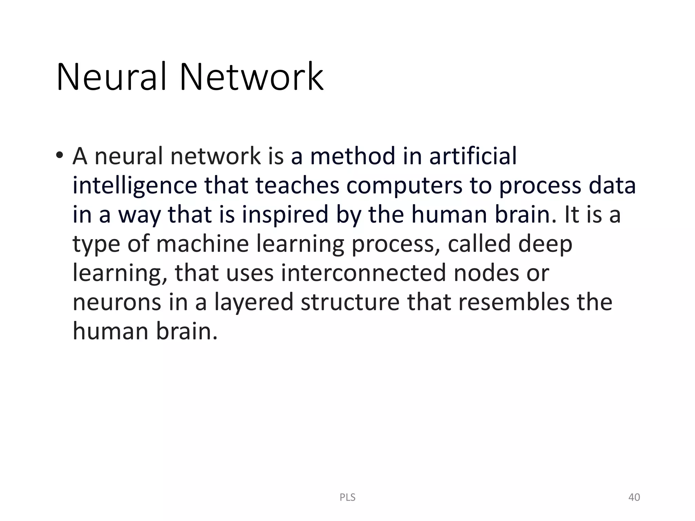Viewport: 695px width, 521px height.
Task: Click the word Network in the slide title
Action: tap(251, 77)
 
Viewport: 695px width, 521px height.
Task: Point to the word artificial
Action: tap(473, 156)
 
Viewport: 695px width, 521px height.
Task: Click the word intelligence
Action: tap(135, 186)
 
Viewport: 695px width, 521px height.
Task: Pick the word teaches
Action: tap(297, 186)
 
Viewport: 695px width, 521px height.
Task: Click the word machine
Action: tap(203, 244)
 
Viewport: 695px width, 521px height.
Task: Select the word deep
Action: tap(545, 244)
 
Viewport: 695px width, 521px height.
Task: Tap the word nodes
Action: tap(486, 273)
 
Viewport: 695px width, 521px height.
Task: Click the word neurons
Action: tap(117, 303)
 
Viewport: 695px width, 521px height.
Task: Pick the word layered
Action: tap(253, 303)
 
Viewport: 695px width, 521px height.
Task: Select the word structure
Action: tap(350, 303)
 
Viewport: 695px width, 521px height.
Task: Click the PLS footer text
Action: tap(347, 498)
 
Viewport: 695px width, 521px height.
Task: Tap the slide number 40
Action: tap(634, 498)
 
